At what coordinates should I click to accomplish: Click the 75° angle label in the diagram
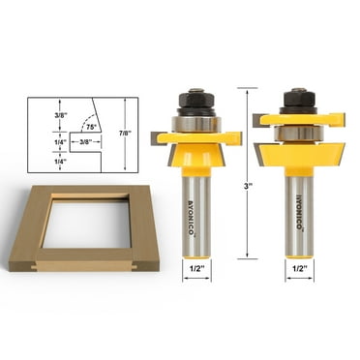coord(91,127)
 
